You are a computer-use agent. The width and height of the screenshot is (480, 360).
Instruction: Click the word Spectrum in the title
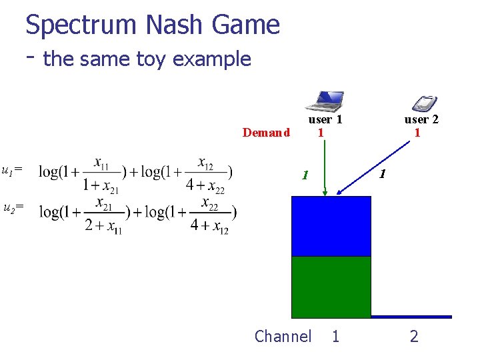81,25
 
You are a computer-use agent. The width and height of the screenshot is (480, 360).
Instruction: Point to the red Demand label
266,132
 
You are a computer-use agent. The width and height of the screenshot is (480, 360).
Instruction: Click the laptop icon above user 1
325,101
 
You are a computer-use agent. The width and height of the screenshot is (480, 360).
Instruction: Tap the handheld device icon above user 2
425,103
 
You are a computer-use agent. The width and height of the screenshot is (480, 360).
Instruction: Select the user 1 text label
325,119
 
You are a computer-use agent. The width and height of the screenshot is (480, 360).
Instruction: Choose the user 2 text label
421,119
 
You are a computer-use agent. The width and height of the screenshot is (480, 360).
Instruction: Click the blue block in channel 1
331,226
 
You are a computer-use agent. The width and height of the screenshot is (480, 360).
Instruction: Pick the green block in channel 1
331,287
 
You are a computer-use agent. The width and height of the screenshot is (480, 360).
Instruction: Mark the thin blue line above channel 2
411,317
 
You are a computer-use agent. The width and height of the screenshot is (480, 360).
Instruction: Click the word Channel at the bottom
283,337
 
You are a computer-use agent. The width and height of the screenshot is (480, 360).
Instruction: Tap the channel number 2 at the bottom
414,337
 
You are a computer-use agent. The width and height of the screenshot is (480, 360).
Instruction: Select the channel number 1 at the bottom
335,337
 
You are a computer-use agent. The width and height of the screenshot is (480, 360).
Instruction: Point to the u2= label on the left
13,208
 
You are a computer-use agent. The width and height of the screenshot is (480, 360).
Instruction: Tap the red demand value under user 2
417,132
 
